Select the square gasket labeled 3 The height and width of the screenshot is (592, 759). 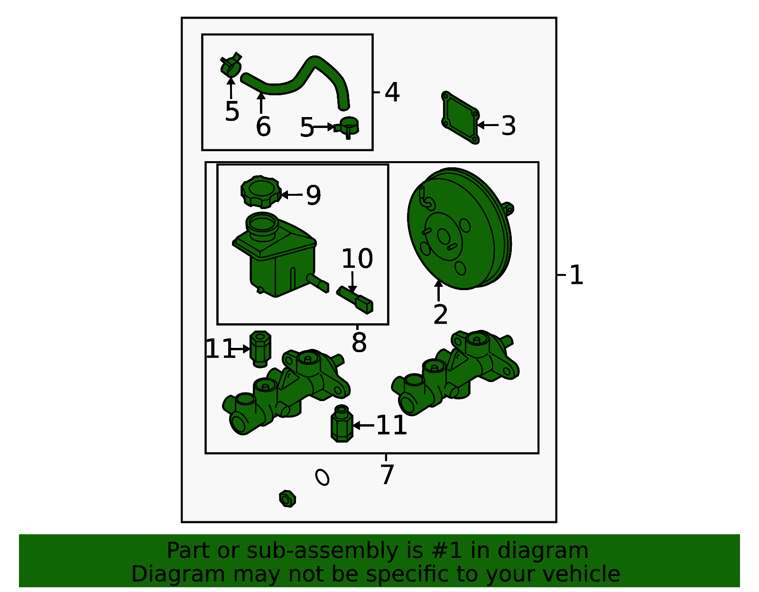(x=460, y=118)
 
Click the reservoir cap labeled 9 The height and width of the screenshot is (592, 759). (x=261, y=191)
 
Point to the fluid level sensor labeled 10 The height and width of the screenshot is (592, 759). (x=355, y=300)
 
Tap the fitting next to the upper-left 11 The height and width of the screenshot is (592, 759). (x=260, y=349)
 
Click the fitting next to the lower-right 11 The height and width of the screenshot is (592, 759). (x=342, y=424)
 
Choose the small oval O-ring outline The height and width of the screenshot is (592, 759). (x=322, y=477)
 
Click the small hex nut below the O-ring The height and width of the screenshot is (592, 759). (x=287, y=499)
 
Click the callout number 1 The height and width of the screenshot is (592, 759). (x=576, y=275)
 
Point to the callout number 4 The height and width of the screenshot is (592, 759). (x=392, y=92)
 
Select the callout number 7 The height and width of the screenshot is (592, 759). (x=387, y=474)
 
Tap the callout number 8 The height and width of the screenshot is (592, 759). (x=359, y=342)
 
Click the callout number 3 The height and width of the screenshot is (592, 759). (x=509, y=126)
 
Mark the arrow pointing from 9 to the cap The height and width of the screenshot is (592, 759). (x=292, y=195)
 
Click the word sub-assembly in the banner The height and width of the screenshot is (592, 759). (x=322, y=551)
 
